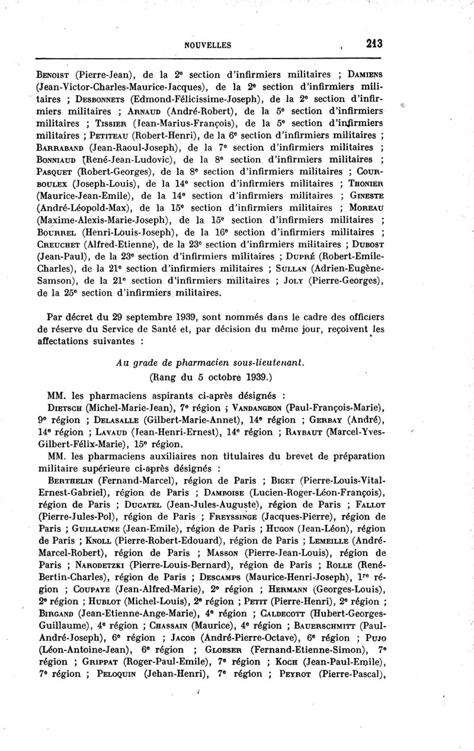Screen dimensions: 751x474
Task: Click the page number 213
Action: point(374,43)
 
